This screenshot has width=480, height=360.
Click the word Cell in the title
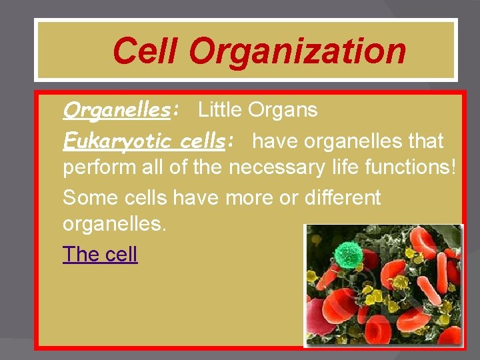(145, 51)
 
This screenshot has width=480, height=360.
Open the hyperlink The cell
(100, 254)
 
